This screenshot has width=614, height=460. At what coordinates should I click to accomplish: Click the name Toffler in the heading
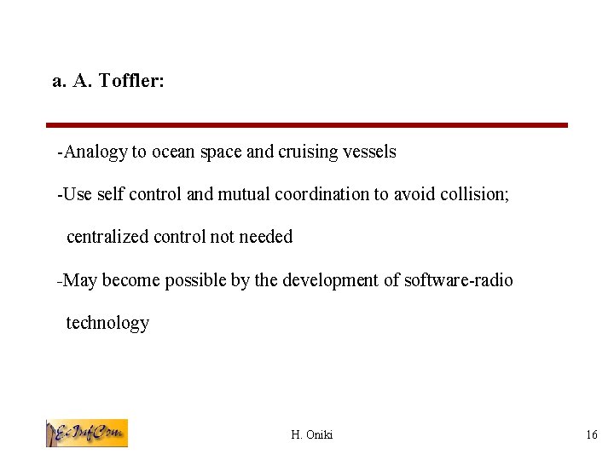pyautogui.click(x=131, y=81)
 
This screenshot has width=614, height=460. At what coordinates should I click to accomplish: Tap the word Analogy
pyautogui.click(x=95, y=152)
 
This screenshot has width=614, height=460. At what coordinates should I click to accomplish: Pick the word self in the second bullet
pyautogui.click(x=109, y=194)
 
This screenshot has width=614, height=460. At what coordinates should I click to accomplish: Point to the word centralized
pyautogui.click(x=107, y=237)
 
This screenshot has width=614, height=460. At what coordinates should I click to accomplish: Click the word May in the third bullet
pyautogui.click(x=80, y=280)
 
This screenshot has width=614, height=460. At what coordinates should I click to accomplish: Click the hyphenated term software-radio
pyautogui.click(x=458, y=280)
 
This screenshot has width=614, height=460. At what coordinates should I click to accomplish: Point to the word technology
pyautogui.click(x=107, y=323)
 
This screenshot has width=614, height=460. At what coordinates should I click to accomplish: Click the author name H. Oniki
pyautogui.click(x=312, y=435)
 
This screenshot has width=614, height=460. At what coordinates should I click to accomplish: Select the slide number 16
pyautogui.click(x=592, y=435)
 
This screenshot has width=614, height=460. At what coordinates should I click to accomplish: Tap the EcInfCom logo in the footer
pyautogui.click(x=86, y=433)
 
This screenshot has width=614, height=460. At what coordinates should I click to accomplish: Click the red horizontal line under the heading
pyautogui.click(x=307, y=125)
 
